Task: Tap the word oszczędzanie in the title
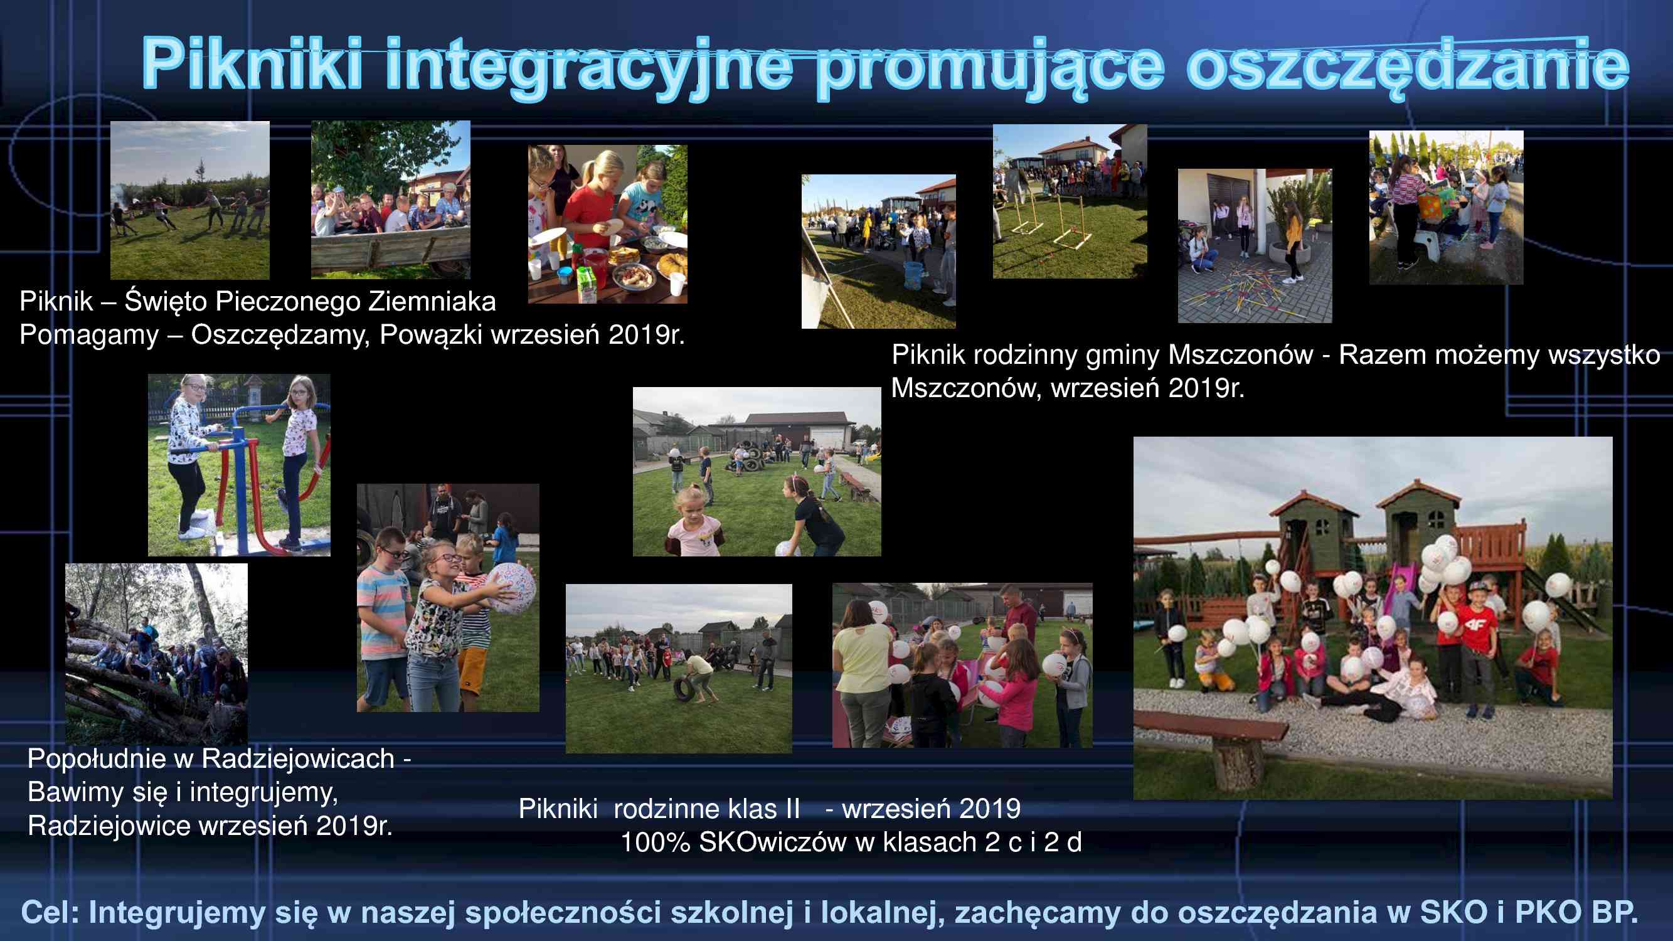pyautogui.click(x=1408, y=65)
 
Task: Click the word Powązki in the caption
pyautogui.click(x=431, y=335)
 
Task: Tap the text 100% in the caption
pyautogui.click(x=655, y=843)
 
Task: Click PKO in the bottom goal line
pyautogui.click(x=1548, y=912)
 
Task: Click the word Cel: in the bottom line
pyautogui.click(x=50, y=912)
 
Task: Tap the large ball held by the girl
pyautogui.click(x=511, y=588)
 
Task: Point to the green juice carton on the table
pyautogui.click(x=587, y=284)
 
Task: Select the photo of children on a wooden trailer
pyautogui.click(x=391, y=199)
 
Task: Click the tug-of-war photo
pyautogui.click(x=189, y=200)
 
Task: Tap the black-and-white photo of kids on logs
pyautogui.click(x=156, y=653)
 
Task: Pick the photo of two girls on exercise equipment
pyautogui.click(x=239, y=465)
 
